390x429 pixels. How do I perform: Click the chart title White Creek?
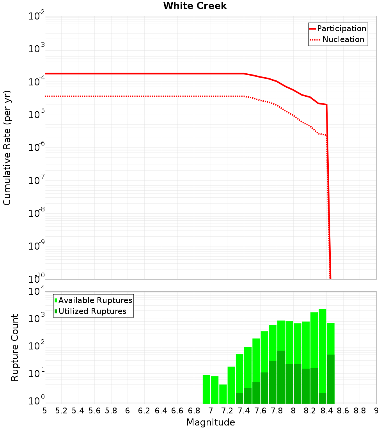tap(195, 6)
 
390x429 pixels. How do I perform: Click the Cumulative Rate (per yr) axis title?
tap(7, 147)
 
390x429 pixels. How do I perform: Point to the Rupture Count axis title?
tap(15, 347)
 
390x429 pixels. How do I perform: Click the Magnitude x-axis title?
tap(211, 422)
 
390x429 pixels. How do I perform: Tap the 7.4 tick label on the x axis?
tap(244, 411)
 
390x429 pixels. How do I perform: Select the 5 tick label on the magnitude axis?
tap(45, 411)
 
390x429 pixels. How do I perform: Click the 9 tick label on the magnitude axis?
tap(376, 411)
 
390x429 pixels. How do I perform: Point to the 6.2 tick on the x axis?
tap(144, 411)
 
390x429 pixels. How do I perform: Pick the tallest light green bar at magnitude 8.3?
tap(322, 351)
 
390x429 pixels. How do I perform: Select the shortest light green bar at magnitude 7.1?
tap(223, 394)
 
